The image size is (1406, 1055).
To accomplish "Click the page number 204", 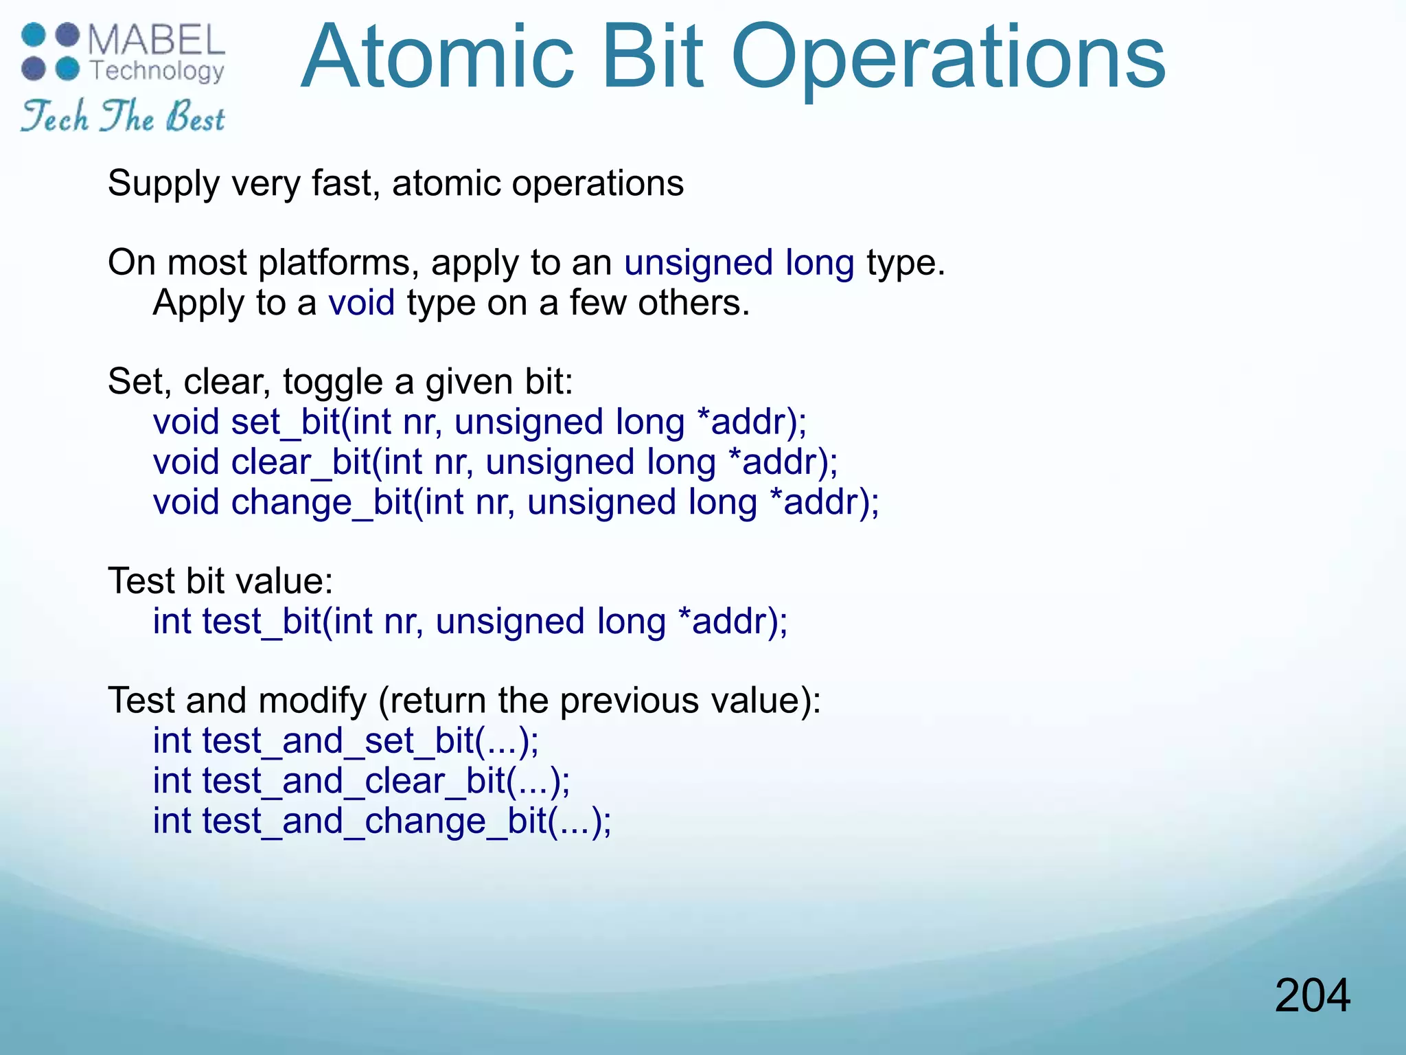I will pos(1312,996).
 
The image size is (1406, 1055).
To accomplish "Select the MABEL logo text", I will pos(157,40).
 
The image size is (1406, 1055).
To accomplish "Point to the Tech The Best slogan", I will pos(122,117).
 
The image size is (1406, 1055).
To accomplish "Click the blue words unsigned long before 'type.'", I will pos(739,263).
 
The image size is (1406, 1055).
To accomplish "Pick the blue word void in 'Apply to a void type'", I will pos(361,303).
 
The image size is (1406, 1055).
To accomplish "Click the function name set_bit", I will pos(286,422).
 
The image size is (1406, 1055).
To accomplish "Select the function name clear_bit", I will pos(301,462).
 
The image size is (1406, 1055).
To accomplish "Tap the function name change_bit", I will pos(321,502).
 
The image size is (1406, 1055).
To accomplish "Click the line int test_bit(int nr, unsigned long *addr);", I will pos(470,622).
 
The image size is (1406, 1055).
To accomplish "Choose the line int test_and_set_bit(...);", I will pos(345,741).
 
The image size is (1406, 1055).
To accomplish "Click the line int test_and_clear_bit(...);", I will pos(361,781).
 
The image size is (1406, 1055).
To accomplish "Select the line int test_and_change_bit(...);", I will pos(382,821).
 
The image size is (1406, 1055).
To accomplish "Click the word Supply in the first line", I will pos(163,184).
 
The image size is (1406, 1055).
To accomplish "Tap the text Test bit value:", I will pos(220,581).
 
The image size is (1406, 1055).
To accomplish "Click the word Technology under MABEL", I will pos(157,71).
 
